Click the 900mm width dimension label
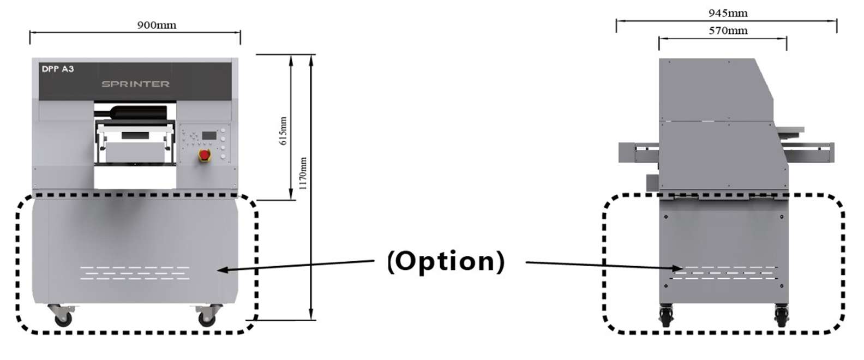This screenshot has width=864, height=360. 157,25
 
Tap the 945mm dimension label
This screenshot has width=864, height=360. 728,13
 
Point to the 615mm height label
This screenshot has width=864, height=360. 283,131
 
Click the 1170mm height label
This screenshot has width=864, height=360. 303,173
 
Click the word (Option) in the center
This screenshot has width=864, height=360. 446,261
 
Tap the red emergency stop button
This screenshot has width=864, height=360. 205,155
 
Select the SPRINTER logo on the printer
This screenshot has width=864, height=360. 135,84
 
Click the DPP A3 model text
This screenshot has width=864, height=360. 58,69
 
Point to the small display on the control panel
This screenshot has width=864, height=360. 209,135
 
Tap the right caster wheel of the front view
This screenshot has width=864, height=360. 207,319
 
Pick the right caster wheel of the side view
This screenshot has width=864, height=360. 781,316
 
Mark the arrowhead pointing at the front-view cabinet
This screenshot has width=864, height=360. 221,269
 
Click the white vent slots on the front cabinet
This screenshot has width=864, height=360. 135,273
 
